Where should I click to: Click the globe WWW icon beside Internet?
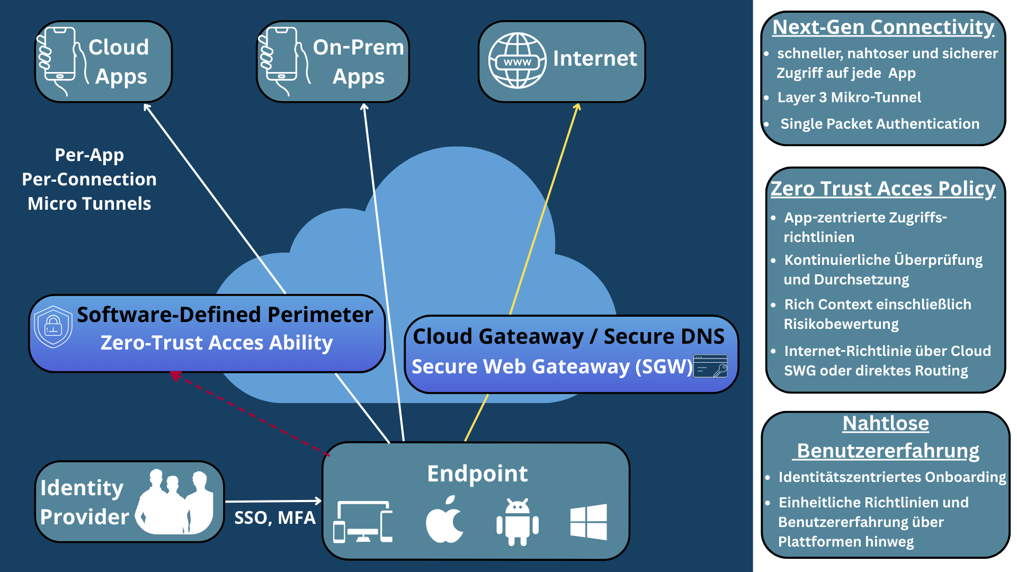point(517,60)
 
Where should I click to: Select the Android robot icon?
point(518,522)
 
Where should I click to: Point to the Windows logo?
point(588,522)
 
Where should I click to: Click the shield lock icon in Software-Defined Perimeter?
point(53,326)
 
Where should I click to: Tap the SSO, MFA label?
point(274,517)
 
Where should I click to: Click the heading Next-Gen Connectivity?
point(883,27)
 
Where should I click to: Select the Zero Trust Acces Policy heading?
point(883,189)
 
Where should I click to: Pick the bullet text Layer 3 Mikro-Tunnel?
point(849,97)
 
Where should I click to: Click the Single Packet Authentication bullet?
point(879,124)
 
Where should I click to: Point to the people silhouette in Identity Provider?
point(175,502)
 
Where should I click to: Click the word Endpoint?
point(477,473)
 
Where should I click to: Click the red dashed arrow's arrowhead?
point(174,375)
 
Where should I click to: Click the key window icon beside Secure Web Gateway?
point(710,366)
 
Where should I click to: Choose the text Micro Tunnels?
point(89,204)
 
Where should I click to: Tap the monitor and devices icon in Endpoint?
point(363,522)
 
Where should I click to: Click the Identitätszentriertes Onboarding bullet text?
point(892,477)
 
